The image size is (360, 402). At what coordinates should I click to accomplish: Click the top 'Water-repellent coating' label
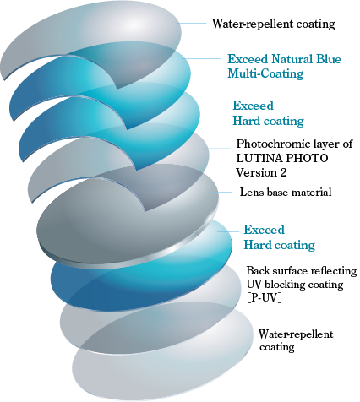pyautogui.click(x=274, y=24)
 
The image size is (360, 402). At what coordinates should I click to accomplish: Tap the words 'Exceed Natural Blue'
pyautogui.click(x=284, y=59)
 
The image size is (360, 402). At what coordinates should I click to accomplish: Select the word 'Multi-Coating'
pyautogui.click(x=265, y=73)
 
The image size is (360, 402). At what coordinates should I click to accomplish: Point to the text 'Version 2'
pyautogui.click(x=261, y=172)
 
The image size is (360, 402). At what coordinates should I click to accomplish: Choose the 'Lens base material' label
pyautogui.click(x=286, y=193)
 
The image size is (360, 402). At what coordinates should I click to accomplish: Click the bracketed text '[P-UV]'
pyautogui.click(x=264, y=298)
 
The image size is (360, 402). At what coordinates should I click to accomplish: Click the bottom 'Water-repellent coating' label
pyautogui.click(x=296, y=340)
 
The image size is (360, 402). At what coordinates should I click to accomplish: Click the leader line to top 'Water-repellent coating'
pyautogui.click(x=193, y=24)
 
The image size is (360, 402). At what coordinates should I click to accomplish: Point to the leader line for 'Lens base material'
pyautogui.click(x=221, y=192)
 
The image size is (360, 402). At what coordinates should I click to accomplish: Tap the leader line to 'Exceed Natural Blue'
pyautogui.click(x=201, y=58)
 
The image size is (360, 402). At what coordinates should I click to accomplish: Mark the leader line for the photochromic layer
pyautogui.click(x=217, y=149)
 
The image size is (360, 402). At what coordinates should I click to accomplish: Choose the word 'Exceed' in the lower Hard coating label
pyautogui.click(x=264, y=230)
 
